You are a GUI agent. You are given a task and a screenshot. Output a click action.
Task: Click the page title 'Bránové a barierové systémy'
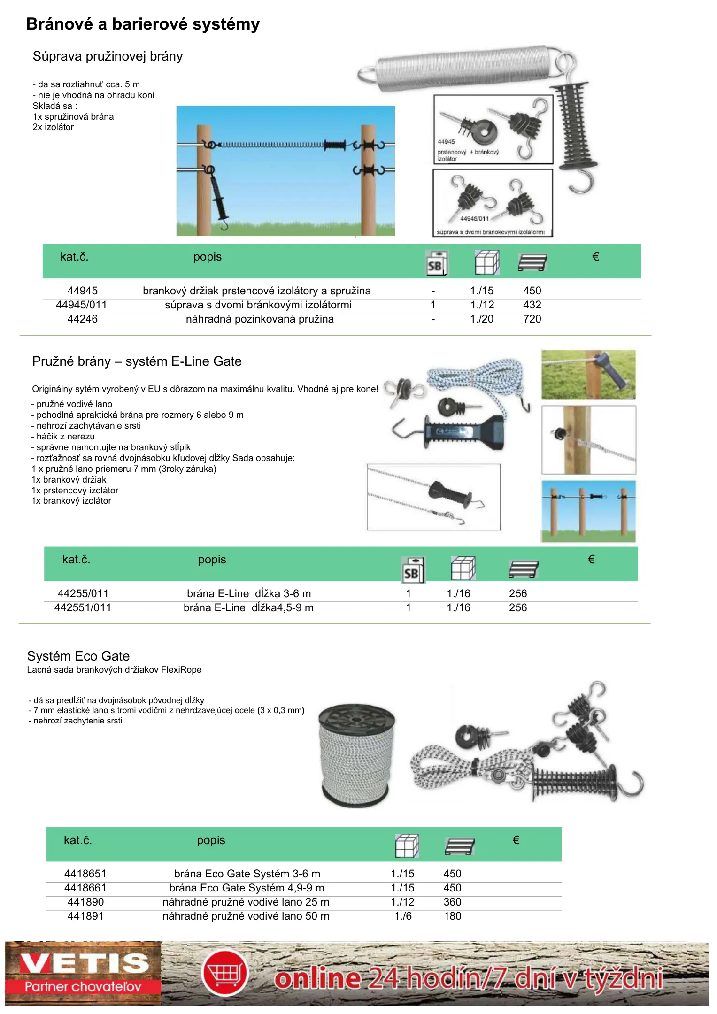(143, 24)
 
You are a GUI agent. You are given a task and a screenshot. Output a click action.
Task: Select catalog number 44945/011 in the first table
(81, 305)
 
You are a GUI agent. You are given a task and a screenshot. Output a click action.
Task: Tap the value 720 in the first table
(532, 319)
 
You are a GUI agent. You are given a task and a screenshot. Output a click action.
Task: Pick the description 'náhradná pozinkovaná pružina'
(260, 319)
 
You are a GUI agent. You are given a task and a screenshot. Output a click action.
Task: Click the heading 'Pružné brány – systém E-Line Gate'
(137, 361)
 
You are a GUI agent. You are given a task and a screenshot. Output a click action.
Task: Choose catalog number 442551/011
(83, 608)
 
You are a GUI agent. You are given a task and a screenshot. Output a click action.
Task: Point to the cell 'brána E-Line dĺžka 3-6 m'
(249, 594)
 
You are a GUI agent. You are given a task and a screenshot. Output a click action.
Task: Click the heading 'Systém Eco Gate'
(78, 656)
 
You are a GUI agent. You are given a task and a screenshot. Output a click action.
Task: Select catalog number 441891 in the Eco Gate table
(85, 916)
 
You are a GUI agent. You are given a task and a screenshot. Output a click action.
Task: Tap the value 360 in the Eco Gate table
(452, 902)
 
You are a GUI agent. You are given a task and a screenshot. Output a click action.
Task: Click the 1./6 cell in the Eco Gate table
(403, 916)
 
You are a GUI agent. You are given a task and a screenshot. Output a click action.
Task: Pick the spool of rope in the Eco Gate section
(356, 756)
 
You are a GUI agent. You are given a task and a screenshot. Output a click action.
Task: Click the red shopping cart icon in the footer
(225, 973)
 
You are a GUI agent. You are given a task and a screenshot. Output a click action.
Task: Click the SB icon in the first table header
(436, 263)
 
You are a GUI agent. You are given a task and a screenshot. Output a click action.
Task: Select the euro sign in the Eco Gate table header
(516, 840)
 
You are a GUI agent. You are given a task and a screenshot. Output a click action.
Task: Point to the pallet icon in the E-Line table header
(523, 569)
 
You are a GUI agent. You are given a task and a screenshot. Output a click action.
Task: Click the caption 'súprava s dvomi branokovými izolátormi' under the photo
(491, 232)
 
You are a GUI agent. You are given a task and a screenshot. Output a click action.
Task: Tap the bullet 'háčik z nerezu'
(63, 437)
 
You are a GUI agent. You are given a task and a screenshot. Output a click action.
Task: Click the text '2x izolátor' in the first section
(53, 127)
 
